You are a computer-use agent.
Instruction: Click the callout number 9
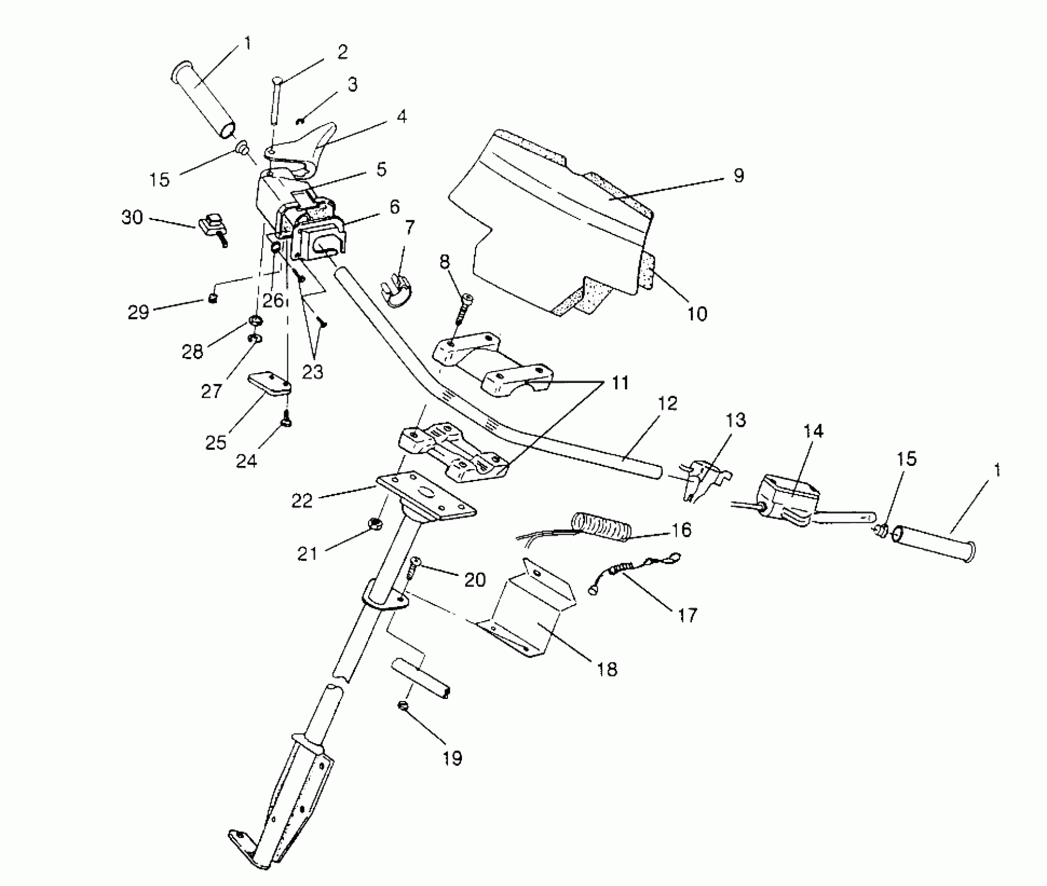[x=738, y=176]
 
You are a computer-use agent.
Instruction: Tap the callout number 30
[x=132, y=217]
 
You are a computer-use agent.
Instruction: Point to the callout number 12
[x=667, y=403]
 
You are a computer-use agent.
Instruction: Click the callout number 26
[x=273, y=300]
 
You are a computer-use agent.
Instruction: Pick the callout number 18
[x=607, y=669]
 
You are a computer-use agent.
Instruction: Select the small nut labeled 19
[x=403, y=706]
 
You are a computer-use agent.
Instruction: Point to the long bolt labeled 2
[x=275, y=102]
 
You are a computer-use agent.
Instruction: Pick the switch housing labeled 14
[x=787, y=499]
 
